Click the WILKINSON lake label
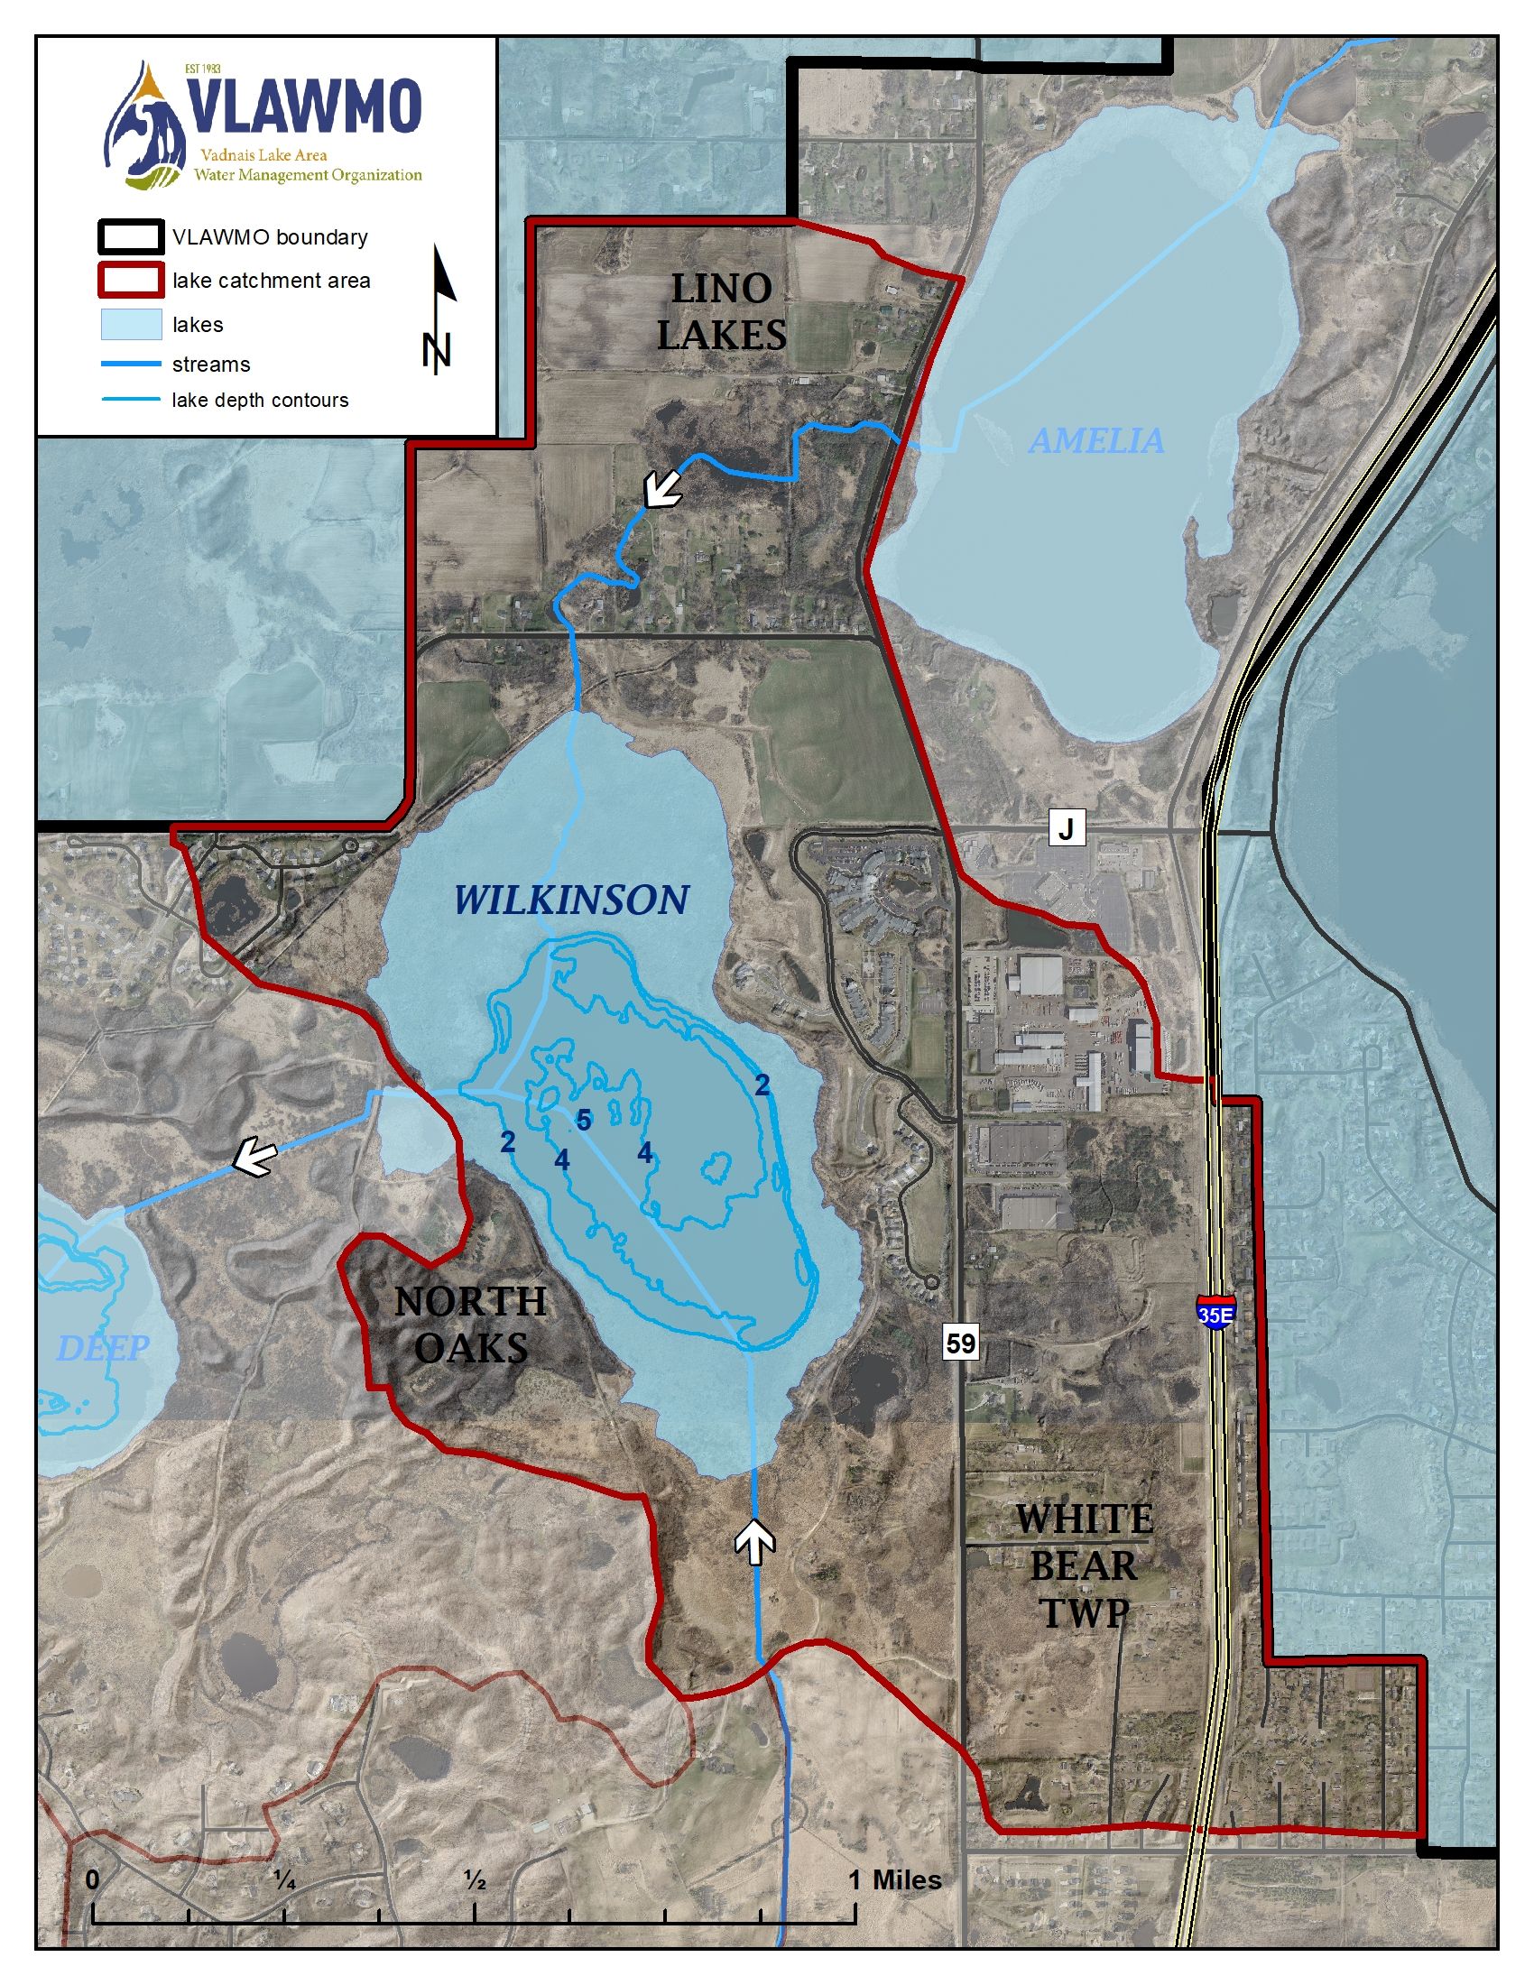[570, 900]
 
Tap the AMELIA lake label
[1096, 441]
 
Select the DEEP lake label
[103, 1348]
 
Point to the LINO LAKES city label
[722, 313]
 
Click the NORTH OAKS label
[471, 1325]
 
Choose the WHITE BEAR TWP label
[1083, 1566]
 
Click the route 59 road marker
[961, 1343]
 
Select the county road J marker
[1067, 828]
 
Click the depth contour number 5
[584, 1121]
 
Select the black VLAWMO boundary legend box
[131, 237]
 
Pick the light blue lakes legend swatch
[131, 325]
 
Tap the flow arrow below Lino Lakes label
[662, 490]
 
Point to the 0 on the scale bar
[93, 1880]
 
